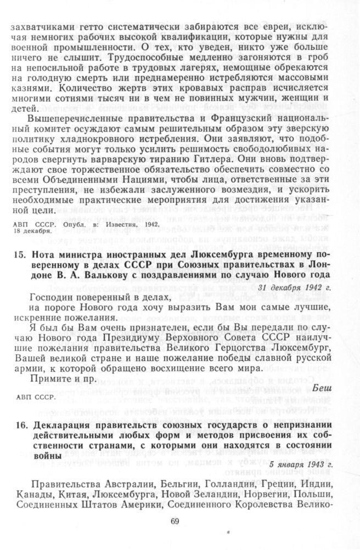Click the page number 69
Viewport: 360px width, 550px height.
tap(176, 521)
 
